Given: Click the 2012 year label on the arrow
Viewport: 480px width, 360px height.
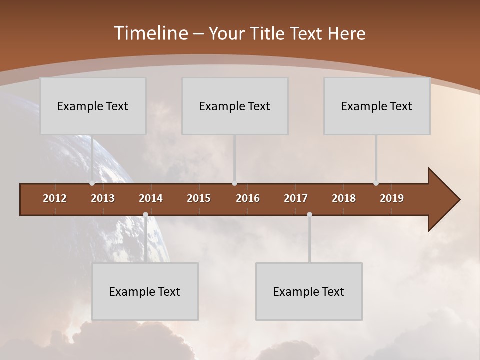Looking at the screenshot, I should (55, 198).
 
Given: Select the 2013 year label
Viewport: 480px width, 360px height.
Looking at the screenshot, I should (103, 198).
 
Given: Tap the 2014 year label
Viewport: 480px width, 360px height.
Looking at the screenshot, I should (151, 198).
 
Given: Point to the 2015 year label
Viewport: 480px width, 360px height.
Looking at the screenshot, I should (199, 198).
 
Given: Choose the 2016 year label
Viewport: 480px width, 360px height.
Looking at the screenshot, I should (248, 198).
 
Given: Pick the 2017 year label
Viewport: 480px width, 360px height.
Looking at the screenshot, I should (296, 198).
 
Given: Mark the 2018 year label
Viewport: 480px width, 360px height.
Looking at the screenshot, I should (344, 198).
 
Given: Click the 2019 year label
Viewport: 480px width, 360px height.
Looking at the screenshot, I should (392, 198).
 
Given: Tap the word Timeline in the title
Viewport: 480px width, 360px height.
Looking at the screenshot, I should (150, 33).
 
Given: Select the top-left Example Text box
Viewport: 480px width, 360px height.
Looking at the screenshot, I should (93, 106).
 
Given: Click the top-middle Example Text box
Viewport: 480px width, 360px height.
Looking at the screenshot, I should (235, 106).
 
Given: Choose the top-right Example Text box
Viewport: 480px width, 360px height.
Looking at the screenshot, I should (377, 106).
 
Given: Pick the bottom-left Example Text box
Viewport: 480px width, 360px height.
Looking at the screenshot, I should (145, 291).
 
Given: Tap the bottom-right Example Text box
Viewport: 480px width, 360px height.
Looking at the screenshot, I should (309, 291).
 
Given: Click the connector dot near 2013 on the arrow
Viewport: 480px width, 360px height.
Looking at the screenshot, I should (92, 183).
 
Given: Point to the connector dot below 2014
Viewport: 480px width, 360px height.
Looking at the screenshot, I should (145, 215).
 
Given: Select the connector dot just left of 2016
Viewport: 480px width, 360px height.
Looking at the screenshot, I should (234, 183).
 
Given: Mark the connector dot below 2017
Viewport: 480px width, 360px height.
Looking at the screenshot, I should (309, 215).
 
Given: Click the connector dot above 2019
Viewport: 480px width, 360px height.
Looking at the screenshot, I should (376, 183).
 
